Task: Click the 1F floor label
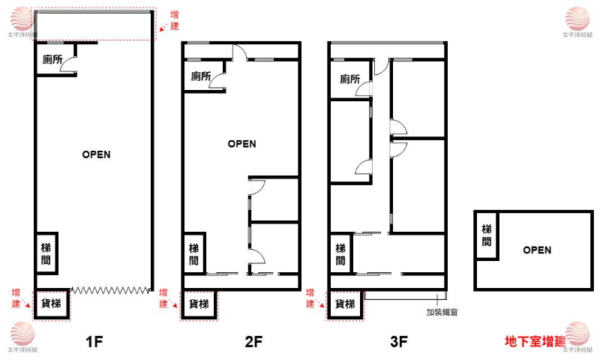94,341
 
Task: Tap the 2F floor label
253,341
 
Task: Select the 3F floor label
399,341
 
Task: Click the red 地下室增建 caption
535,341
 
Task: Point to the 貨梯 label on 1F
51,304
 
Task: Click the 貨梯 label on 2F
199,304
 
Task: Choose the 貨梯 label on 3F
345,304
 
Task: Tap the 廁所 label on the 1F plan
52,59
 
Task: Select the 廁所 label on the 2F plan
201,76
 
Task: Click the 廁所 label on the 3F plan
349,79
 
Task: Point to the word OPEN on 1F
97,154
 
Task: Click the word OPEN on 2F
241,144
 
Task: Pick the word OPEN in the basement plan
537,250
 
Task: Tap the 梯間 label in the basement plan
486,235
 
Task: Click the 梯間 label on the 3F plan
340,255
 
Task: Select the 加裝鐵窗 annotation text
442,312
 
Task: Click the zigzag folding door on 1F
110,290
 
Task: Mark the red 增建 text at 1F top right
175,21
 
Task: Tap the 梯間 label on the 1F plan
46,254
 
